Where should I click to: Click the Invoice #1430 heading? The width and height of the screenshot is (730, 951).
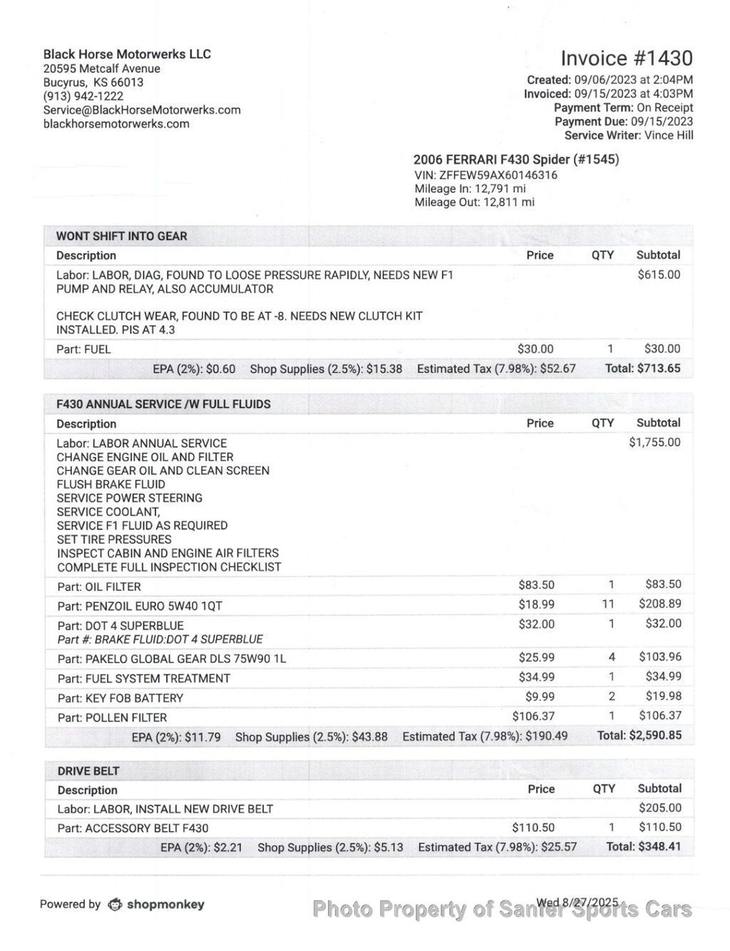pos(626,58)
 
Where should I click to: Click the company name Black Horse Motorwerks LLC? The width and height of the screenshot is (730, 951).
pos(127,54)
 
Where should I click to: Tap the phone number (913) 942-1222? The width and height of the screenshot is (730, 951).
pos(83,96)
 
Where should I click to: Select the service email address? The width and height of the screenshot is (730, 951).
pos(142,110)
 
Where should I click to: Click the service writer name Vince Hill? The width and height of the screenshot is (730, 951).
pos(669,135)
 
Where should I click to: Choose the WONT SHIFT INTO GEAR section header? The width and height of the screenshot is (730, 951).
pos(121,236)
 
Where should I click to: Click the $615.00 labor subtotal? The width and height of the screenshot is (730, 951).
pos(659,274)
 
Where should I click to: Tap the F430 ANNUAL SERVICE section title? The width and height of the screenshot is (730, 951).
pos(163,404)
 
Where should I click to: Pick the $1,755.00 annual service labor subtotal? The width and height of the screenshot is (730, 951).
pos(654,443)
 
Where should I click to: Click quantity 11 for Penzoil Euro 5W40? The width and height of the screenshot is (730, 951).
pos(611,604)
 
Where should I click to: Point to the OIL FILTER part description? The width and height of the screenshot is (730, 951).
pos(99,587)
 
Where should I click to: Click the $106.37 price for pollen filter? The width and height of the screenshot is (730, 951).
pos(533,716)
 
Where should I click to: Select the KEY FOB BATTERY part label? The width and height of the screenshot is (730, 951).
pos(120,698)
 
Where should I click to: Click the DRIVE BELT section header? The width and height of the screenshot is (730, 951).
pos(88,771)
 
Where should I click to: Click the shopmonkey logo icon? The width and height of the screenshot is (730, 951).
pos(115,905)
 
